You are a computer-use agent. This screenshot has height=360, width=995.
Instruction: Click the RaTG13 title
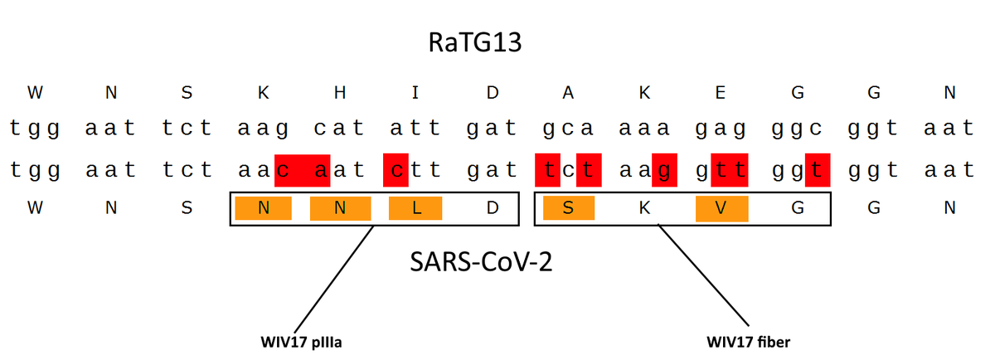pos(476,42)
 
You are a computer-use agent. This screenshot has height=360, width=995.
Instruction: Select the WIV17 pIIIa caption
pos(300,341)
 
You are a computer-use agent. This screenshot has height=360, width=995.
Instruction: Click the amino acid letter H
pos(338,93)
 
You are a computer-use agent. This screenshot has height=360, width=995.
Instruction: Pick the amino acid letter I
pos(415,93)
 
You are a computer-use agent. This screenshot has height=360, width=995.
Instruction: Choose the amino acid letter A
pos(567,93)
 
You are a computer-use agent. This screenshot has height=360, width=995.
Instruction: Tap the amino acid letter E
pos(720,93)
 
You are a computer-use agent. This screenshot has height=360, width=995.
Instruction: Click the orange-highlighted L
pos(415,208)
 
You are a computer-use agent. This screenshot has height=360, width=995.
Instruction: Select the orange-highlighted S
pos(568,208)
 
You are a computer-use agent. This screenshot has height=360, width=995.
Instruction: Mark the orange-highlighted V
pos(721,208)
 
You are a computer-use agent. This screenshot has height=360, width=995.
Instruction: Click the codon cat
pos(338,129)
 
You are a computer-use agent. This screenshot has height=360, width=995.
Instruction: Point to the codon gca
pos(567,129)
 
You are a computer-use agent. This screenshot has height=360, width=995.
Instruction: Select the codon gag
pos(720,129)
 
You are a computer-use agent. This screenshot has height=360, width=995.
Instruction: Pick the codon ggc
pos(796,129)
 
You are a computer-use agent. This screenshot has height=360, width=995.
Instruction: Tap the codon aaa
pos(643,129)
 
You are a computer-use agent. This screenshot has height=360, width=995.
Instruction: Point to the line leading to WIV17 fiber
pos(705,278)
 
